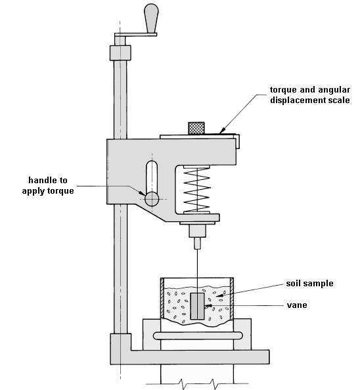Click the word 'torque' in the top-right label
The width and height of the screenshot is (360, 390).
point(286,89)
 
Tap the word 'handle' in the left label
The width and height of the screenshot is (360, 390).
point(45,180)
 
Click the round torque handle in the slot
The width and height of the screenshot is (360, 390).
point(152,198)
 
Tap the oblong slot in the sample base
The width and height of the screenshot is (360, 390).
point(196,336)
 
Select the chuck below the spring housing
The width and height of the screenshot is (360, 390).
point(197,230)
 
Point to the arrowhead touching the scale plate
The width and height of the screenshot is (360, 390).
point(223,133)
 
